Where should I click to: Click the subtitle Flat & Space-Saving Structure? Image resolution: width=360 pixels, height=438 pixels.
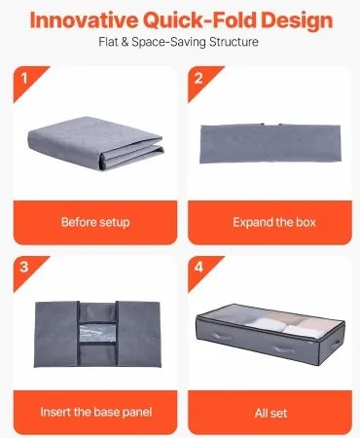pos(180,44)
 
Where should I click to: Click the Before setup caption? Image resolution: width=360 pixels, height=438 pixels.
pos(95,222)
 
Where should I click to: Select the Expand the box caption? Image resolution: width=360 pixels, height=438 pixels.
pos(273,222)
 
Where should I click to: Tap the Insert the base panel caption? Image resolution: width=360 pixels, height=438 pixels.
pos(95,413)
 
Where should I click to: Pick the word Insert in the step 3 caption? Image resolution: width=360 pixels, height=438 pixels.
pos(55,413)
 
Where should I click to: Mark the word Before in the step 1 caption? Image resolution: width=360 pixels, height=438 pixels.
pos(78,222)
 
